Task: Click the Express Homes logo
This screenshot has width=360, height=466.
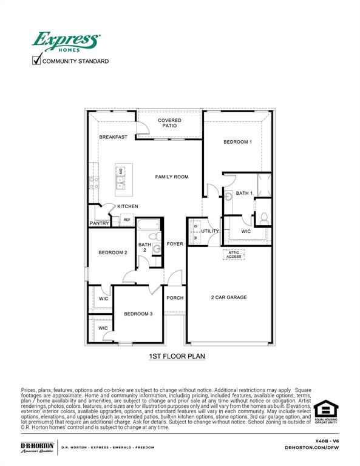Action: (66, 42)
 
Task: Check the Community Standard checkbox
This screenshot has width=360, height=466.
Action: (36, 59)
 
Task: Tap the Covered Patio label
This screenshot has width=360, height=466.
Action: (170, 123)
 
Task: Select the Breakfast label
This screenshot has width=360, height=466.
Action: (114, 137)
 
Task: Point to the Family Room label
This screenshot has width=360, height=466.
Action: (172, 177)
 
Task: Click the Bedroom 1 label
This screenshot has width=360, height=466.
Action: (237, 142)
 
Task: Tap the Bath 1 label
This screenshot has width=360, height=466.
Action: (244, 193)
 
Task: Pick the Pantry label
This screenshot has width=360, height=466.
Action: (99, 223)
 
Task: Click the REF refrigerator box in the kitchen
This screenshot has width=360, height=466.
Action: (127, 220)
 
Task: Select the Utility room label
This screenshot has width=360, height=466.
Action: (210, 231)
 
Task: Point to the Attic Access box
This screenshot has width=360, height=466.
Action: (234, 255)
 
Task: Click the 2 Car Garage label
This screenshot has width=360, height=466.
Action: (229, 297)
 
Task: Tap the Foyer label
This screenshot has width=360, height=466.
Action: (175, 244)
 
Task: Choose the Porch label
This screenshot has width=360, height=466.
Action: (175, 298)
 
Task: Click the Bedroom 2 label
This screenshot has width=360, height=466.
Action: (113, 252)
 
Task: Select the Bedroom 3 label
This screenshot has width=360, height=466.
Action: (138, 314)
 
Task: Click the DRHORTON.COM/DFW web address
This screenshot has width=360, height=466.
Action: (310, 447)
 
